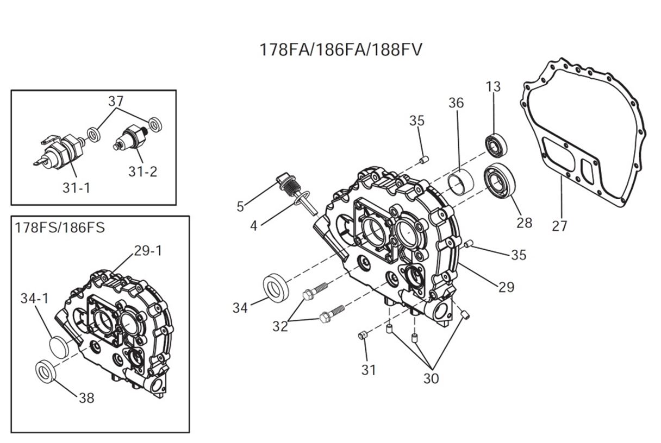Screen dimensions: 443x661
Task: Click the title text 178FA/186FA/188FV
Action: (x=341, y=49)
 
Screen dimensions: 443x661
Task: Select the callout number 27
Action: (x=559, y=225)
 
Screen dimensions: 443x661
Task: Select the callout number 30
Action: (x=431, y=378)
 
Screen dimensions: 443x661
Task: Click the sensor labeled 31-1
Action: (x=61, y=149)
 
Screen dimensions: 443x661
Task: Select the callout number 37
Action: (x=116, y=101)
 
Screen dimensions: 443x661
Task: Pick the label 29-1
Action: (x=148, y=250)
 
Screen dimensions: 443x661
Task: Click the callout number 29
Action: (x=506, y=286)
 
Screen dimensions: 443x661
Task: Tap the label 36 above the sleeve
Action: (x=457, y=103)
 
